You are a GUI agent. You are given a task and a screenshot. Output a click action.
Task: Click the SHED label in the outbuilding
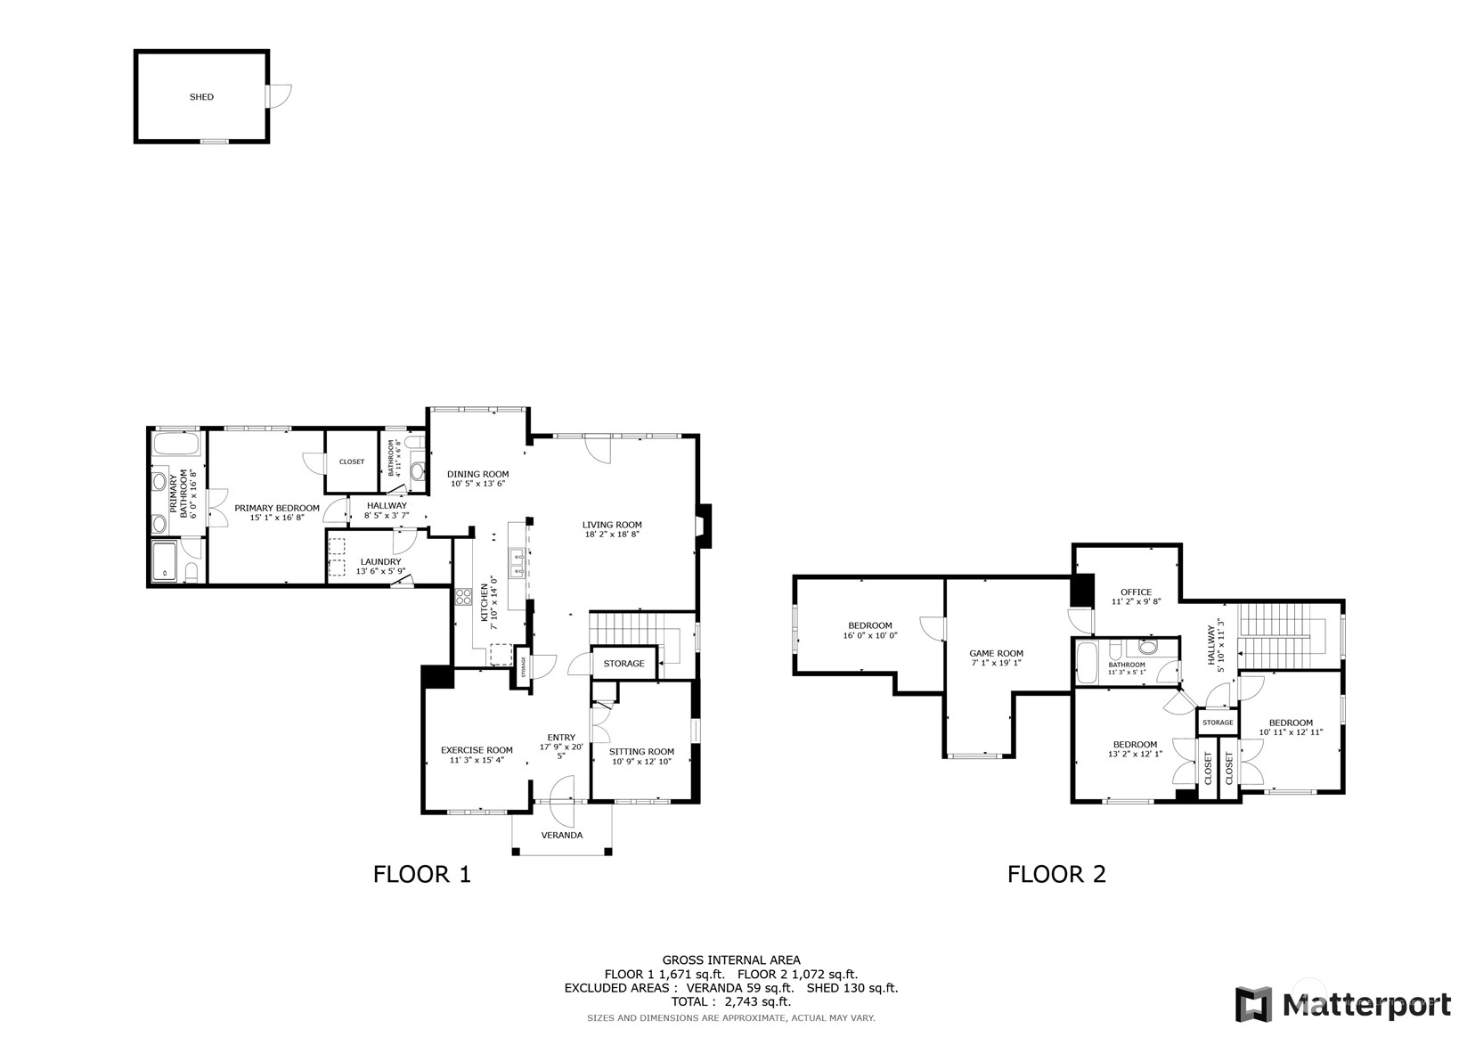[201, 97]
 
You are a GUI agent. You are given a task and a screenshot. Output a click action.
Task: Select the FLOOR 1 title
[422, 874]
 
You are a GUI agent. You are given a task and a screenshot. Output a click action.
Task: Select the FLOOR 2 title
[1056, 874]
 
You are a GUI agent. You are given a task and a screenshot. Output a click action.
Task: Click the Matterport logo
[1343, 1005]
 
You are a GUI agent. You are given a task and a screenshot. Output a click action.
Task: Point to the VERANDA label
[562, 836]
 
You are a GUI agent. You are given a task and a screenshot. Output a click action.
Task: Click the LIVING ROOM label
[612, 525]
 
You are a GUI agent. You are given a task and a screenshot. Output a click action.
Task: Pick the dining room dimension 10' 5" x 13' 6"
[478, 484]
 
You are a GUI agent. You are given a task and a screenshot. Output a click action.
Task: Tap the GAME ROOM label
[996, 653]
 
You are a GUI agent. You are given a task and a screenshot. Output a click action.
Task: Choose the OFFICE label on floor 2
[1137, 592]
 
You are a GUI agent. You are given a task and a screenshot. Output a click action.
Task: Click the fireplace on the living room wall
[704, 526]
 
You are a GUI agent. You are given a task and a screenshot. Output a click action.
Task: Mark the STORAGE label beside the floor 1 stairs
[624, 664]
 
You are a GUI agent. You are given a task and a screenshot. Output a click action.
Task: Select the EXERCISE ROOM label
[477, 750]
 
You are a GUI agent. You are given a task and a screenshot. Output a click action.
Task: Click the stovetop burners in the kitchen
[463, 596]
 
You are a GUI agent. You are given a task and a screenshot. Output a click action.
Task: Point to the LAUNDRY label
[380, 562]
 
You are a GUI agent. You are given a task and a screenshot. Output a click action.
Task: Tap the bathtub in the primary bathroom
[175, 445]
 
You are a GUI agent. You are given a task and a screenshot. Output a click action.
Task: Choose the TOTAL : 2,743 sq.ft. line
[731, 1001]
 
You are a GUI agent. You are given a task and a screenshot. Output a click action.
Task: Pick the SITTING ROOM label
[642, 751]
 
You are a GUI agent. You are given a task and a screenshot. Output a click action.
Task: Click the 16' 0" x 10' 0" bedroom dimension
[870, 635]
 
